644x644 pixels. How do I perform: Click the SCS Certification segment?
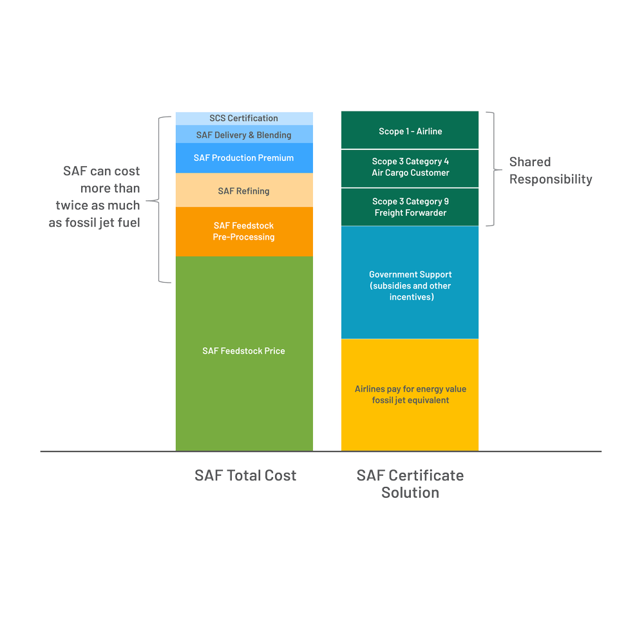coord(243,118)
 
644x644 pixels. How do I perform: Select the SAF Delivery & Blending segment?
coord(243,135)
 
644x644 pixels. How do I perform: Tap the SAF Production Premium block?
coord(243,158)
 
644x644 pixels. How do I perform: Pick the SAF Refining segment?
coord(243,191)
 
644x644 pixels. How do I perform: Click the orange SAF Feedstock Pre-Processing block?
coord(243,231)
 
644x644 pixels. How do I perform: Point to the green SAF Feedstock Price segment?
coord(243,351)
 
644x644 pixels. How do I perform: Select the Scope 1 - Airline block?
coord(410,131)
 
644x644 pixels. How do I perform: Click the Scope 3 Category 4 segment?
coord(410,167)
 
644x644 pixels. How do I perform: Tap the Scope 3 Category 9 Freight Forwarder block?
coord(410,207)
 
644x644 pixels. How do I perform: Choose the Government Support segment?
coord(410,285)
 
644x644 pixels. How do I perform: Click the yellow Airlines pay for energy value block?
coord(410,394)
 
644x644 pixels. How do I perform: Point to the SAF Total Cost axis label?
coord(245,476)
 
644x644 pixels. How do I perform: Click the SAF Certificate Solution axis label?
coord(410,484)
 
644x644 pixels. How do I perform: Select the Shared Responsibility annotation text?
coord(550,171)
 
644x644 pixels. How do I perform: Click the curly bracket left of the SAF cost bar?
coord(162,200)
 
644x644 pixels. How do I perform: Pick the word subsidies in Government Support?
coord(393,286)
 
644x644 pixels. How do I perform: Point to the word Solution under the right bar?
coord(410,493)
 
